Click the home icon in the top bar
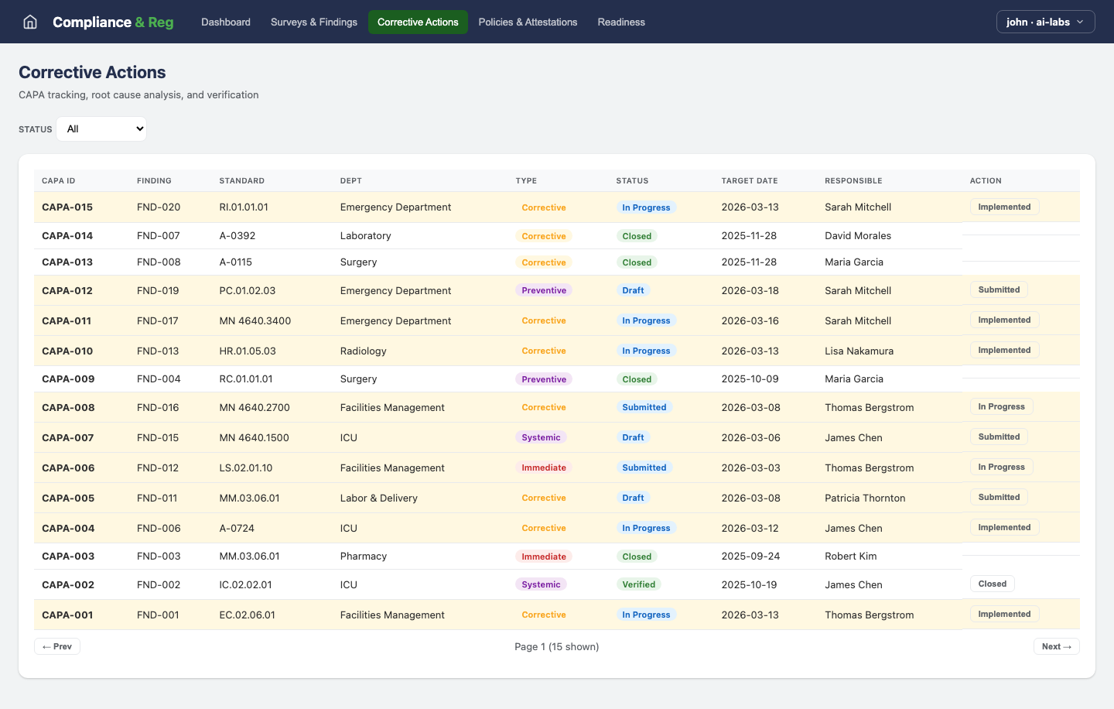(x=30, y=22)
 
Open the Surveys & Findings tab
(x=314, y=22)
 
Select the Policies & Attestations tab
(x=528, y=22)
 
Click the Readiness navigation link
(x=621, y=22)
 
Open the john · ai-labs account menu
(x=1045, y=22)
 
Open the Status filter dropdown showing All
(x=101, y=129)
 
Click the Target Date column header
(x=750, y=181)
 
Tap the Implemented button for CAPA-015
(x=1004, y=207)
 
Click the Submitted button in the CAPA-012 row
(x=999, y=290)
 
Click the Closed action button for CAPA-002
(x=992, y=584)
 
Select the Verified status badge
(x=639, y=585)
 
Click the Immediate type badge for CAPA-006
(x=544, y=468)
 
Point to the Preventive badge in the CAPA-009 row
(x=544, y=379)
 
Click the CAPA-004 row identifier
(x=68, y=529)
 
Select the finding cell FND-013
(x=158, y=351)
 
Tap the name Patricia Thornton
(x=865, y=498)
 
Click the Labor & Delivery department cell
(x=379, y=498)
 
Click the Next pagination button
(x=1056, y=647)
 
